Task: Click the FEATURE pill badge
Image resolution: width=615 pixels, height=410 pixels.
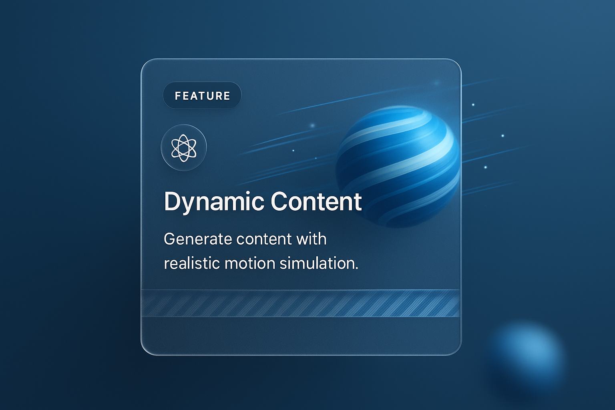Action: coord(202,96)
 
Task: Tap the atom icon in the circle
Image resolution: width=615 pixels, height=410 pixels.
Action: coord(184,148)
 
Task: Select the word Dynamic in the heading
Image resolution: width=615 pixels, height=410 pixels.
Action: coord(214,202)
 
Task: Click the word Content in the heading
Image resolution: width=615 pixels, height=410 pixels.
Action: coord(316,202)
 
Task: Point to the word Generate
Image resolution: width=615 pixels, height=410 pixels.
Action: coord(198,239)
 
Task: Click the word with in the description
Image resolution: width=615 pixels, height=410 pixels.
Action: coord(311,239)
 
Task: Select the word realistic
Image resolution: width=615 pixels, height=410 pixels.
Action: coord(192,263)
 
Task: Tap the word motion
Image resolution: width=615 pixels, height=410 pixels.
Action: coord(250,263)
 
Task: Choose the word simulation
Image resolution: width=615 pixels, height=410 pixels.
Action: coord(317,263)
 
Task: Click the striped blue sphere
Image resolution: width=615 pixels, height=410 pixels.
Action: coord(398,167)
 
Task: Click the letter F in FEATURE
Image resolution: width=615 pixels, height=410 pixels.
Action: coord(178,96)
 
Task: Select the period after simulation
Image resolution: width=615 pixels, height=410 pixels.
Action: coord(356,268)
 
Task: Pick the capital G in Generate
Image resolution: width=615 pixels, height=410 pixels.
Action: coord(170,239)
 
